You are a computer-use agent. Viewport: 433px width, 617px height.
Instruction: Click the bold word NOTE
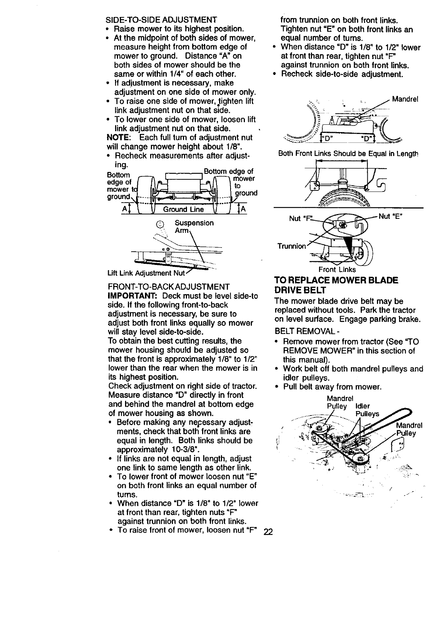tap(118, 138)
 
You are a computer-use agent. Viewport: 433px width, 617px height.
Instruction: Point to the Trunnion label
tap(291, 246)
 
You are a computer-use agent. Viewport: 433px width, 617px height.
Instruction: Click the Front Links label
tap(337, 269)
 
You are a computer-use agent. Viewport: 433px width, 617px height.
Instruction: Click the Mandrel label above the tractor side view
tap(405, 99)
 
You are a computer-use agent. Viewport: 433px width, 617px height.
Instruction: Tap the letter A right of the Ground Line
tap(243, 210)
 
